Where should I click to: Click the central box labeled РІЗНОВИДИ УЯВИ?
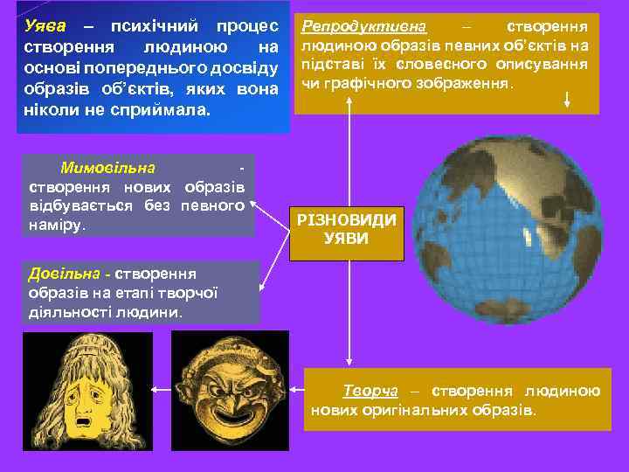(x=347, y=230)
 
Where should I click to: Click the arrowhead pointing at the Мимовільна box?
(x=254, y=203)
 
